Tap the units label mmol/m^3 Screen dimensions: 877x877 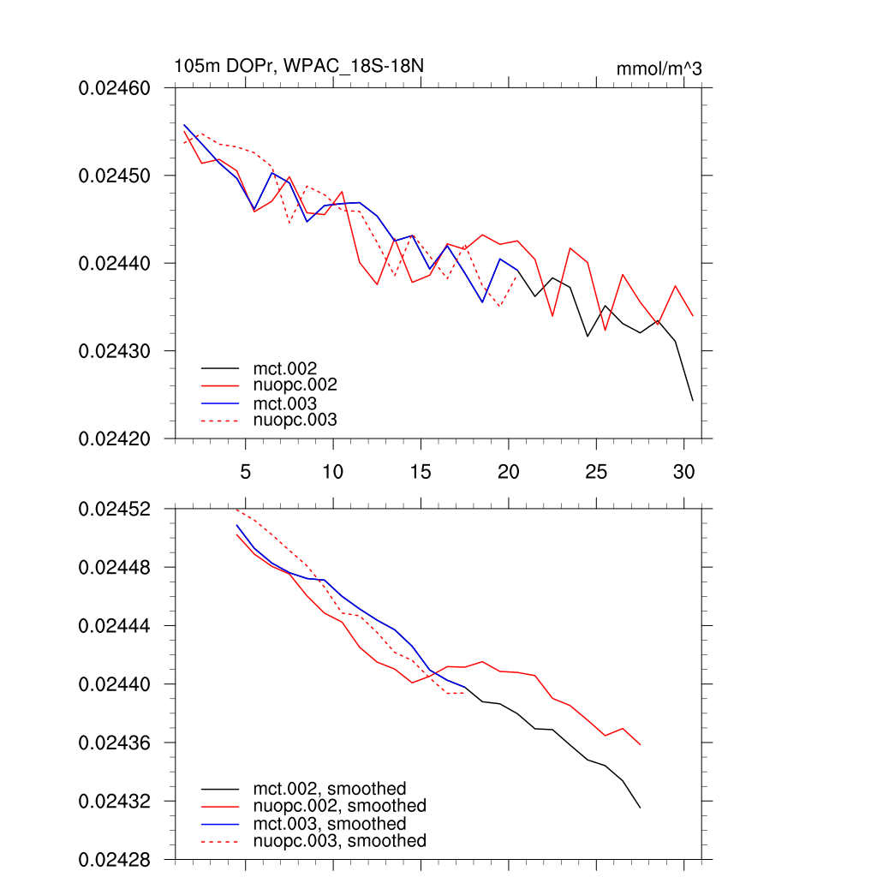click(x=659, y=69)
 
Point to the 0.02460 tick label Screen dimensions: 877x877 click(x=115, y=87)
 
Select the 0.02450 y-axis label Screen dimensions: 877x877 click(x=115, y=176)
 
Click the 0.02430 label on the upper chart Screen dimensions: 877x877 click(x=115, y=351)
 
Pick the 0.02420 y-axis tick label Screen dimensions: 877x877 click(x=115, y=438)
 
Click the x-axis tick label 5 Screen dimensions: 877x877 click(x=246, y=471)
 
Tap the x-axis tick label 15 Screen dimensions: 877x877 click(x=421, y=471)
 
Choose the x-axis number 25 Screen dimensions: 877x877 click(x=596, y=471)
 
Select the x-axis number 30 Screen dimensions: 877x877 click(x=683, y=471)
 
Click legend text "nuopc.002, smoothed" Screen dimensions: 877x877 click(x=339, y=806)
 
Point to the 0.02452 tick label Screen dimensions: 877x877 click(x=115, y=509)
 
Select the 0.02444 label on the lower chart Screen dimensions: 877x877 click(x=115, y=626)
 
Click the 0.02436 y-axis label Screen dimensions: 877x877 click(x=115, y=743)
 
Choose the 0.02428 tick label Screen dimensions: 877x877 click(x=115, y=859)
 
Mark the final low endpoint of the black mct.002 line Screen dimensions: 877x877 click(x=693, y=401)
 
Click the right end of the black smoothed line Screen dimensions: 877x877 click(x=641, y=808)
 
